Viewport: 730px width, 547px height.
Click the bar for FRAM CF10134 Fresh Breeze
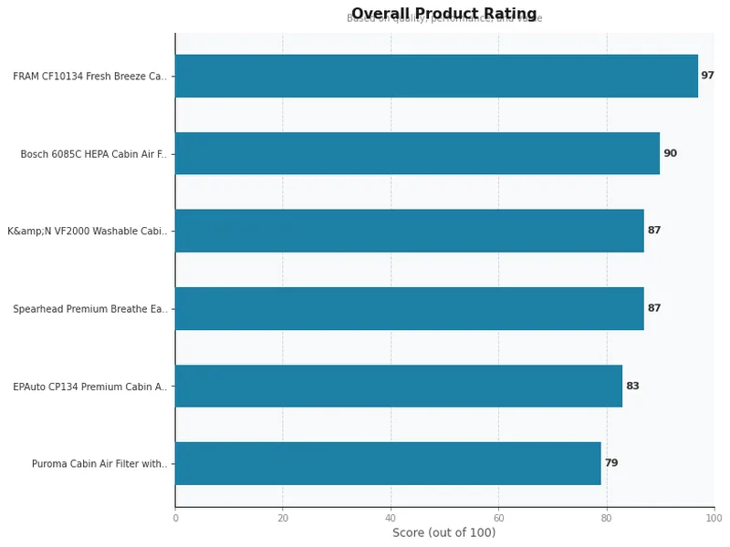(x=436, y=76)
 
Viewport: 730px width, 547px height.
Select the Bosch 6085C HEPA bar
(x=417, y=153)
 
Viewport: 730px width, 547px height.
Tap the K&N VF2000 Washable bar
(x=409, y=231)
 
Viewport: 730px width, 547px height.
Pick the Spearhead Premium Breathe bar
(x=409, y=308)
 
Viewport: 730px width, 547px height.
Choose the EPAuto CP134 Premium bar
(x=399, y=386)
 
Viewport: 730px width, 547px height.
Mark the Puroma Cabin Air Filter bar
(x=388, y=463)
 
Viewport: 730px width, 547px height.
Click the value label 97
(x=707, y=76)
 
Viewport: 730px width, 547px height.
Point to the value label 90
(x=670, y=153)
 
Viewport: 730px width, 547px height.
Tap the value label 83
(x=632, y=386)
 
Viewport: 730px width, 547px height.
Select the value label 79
(x=610, y=463)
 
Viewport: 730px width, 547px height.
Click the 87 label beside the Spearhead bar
(x=653, y=308)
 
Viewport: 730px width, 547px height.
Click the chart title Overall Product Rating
(x=444, y=14)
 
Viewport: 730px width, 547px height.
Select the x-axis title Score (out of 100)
(x=444, y=532)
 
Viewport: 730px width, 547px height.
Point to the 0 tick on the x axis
(x=175, y=518)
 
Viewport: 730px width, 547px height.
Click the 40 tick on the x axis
(x=391, y=518)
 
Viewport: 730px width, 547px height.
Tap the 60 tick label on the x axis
(x=498, y=518)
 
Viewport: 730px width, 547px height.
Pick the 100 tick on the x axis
(x=714, y=518)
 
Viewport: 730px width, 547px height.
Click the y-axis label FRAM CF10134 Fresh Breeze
(x=90, y=77)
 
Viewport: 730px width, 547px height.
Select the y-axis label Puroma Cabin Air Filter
(x=99, y=464)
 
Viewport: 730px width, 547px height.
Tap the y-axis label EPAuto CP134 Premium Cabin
(x=90, y=387)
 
